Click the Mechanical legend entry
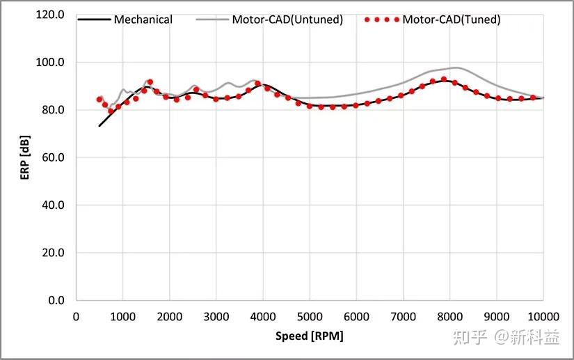143,19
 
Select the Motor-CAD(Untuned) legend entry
296,19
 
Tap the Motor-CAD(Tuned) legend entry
451,19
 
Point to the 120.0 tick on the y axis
51,15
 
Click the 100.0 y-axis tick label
51,63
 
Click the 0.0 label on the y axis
56,300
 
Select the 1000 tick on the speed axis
122,315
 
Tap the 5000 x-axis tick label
310,315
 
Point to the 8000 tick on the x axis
449,315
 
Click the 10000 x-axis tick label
543,315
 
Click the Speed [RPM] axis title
310,336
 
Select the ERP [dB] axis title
25,157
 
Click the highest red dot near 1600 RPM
150,82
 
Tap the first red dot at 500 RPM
99,100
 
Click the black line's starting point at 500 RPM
99,126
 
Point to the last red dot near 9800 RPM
533,98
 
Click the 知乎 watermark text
469,338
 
